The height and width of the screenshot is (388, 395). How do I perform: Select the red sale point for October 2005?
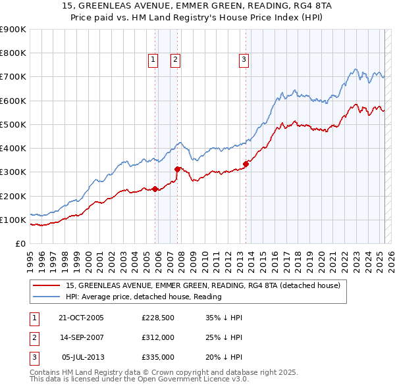pos(155,189)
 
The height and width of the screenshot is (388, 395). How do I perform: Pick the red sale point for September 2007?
pos(177,169)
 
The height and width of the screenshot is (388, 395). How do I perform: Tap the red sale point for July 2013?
pos(246,164)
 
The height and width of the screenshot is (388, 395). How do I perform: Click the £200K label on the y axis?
pos(13,196)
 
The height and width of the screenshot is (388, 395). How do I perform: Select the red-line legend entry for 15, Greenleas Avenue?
pos(202,285)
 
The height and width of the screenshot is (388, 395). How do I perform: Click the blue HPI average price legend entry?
pos(143,297)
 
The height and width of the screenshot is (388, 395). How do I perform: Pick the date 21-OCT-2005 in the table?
pos(81,318)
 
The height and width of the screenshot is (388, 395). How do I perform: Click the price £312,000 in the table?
pos(158,337)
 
